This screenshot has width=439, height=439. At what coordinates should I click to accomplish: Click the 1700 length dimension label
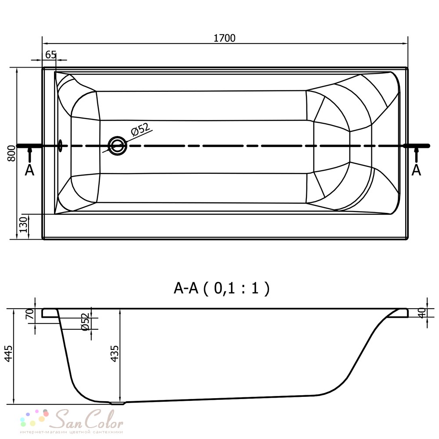(x=224, y=38)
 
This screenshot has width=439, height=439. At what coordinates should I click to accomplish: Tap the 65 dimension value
(x=50, y=54)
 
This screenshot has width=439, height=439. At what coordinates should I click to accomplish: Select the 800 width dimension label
(x=11, y=153)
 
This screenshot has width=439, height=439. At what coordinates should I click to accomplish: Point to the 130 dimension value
(x=24, y=224)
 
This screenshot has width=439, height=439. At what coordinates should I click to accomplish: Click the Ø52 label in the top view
(x=140, y=129)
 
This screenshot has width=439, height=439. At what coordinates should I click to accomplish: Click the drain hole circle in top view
(x=117, y=146)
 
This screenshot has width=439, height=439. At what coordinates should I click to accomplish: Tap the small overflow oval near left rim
(x=60, y=146)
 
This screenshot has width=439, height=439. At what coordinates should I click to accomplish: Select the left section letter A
(x=29, y=170)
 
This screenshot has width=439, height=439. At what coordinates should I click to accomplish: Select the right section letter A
(x=416, y=170)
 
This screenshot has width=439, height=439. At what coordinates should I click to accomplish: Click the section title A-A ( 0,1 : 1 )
(x=221, y=288)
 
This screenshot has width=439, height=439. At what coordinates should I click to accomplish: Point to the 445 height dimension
(x=9, y=353)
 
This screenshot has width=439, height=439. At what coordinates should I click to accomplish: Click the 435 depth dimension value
(x=115, y=353)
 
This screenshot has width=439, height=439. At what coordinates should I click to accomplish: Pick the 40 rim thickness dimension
(x=422, y=313)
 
